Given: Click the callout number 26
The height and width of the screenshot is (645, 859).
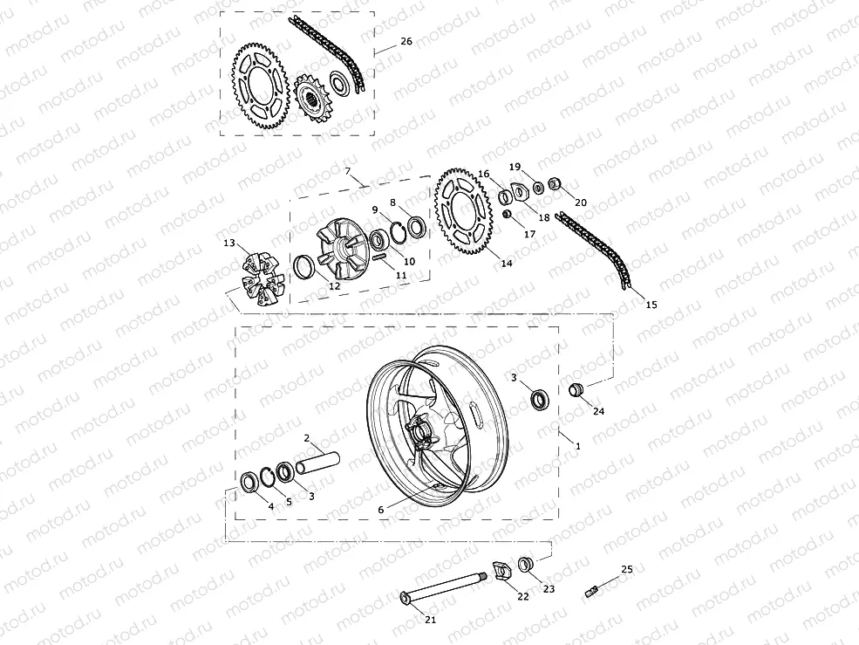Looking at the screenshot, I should pyautogui.click(x=406, y=41).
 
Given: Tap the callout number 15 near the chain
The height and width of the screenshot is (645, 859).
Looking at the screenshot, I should pyautogui.click(x=651, y=305).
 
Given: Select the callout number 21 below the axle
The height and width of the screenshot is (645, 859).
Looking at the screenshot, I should pyautogui.click(x=430, y=620).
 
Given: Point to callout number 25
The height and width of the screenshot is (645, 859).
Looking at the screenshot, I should pyautogui.click(x=627, y=569).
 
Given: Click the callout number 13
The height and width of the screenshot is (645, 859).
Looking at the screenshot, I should pyautogui.click(x=229, y=242).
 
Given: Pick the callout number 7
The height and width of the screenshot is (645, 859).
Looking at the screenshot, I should pyautogui.click(x=347, y=171).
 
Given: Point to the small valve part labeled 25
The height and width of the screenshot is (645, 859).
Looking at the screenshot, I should pyautogui.click(x=594, y=590).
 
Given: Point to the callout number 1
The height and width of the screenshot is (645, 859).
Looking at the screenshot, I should pyautogui.click(x=576, y=446).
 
